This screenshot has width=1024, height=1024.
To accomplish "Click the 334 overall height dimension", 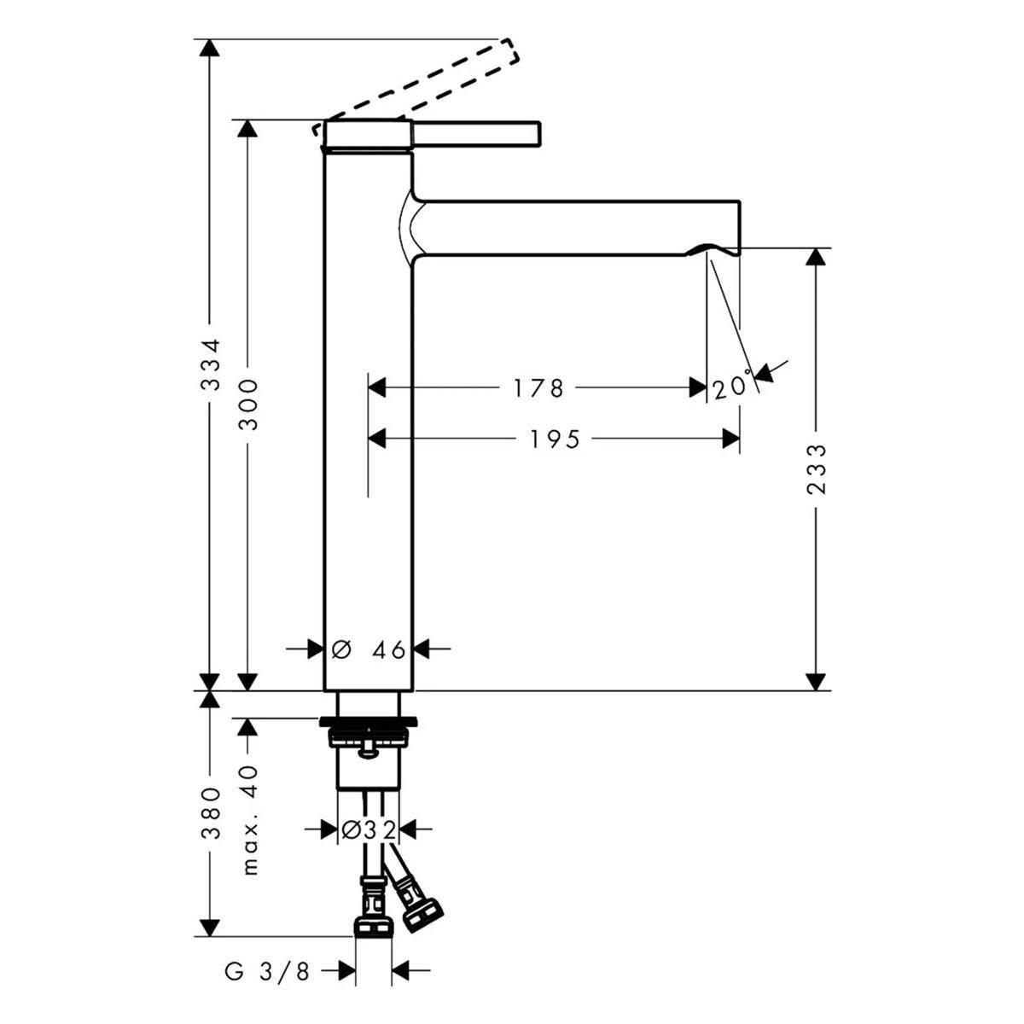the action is (x=212, y=365).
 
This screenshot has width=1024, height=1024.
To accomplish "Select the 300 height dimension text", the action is (x=248, y=405).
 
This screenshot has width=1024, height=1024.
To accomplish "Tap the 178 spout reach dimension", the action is (x=537, y=388).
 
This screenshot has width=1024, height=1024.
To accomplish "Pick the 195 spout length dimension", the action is (x=555, y=439).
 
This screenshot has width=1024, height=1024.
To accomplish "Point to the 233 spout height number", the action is (x=817, y=469).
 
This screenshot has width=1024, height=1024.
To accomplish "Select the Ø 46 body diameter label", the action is (x=369, y=649).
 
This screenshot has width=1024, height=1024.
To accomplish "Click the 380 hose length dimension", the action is (x=212, y=813).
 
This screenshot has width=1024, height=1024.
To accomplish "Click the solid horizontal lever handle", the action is (x=476, y=133).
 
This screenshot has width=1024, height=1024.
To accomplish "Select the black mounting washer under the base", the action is (x=369, y=722).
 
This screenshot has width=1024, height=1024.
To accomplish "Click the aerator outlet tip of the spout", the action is (x=713, y=250).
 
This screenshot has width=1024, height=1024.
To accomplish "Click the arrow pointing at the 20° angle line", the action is (x=770, y=369).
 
